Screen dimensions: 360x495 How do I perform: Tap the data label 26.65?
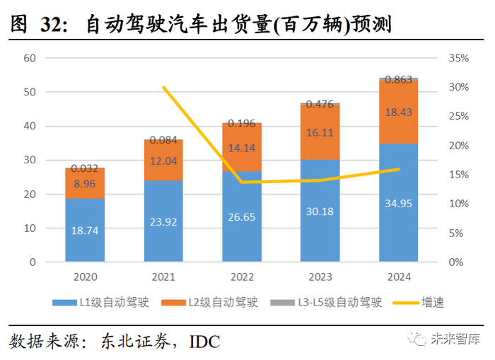[x=241, y=216]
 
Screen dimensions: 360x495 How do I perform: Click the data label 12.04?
[x=163, y=161]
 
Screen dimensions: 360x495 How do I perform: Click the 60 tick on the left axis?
[x=29, y=58]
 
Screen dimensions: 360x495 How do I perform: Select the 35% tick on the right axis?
[x=459, y=58]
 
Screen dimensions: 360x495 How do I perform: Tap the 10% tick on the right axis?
[x=459, y=204]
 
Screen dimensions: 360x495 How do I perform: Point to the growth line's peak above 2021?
[x=163, y=87]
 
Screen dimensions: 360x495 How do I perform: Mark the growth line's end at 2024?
[x=400, y=169]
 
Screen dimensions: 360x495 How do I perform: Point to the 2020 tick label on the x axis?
[x=86, y=277]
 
